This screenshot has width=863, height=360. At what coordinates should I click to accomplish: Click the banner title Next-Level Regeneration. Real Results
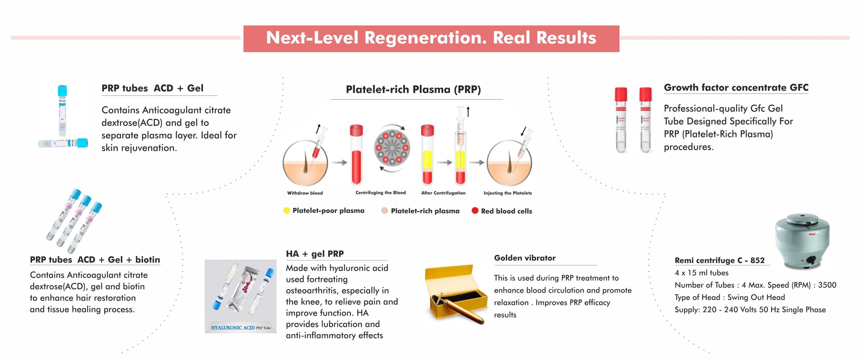[431, 38]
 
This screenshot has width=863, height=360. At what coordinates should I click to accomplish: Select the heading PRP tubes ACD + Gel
[153, 88]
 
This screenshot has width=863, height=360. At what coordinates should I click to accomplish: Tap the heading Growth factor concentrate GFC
[736, 88]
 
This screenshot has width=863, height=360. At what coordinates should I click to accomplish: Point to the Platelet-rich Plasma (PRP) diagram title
[413, 89]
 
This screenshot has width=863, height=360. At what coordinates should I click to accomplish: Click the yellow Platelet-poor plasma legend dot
[286, 211]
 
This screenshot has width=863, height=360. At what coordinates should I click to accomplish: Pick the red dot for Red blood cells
[475, 211]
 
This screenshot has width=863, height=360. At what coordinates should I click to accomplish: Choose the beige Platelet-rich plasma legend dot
[385, 211]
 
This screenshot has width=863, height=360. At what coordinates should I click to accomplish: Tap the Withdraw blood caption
[305, 193]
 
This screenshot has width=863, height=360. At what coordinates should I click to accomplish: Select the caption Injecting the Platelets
[507, 193]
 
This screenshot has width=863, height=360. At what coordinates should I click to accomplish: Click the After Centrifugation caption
[443, 193]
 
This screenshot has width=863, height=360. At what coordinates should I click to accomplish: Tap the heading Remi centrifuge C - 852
[720, 260]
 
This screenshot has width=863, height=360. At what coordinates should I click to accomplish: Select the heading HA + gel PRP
[315, 254]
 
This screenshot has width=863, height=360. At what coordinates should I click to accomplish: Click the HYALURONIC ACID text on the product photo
[233, 327]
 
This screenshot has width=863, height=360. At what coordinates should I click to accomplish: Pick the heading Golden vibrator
[525, 258]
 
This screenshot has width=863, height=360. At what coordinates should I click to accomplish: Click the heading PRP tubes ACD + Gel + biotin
[95, 260]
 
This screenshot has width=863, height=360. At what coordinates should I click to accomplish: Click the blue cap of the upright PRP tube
[62, 91]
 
